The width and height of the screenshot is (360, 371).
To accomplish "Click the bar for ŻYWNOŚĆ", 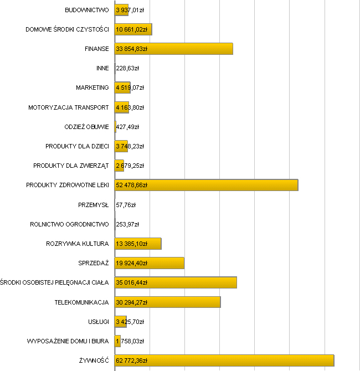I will [224, 360].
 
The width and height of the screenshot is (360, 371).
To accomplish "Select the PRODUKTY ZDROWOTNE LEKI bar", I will [206, 185].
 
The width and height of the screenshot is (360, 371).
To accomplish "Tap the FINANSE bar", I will [173, 49].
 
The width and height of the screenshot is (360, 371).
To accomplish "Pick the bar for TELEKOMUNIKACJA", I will [167, 302].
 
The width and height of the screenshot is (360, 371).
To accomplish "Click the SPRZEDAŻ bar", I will [150, 263].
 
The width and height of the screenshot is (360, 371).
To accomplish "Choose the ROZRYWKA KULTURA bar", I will [138, 244].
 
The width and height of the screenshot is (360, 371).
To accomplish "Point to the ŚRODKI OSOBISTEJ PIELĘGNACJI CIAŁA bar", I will [176, 282].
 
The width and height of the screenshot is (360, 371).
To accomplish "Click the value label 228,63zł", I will [127, 69].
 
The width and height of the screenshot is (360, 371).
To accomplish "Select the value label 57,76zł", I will [126, 205].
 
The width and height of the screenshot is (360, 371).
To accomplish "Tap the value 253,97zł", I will [127, 224].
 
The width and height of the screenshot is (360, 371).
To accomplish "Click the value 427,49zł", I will [128, 127].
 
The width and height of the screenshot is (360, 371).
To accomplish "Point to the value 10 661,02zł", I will [132, 29].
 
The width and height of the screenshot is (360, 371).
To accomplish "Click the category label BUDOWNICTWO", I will [87, 10].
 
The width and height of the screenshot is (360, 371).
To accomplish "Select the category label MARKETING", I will [92, 88].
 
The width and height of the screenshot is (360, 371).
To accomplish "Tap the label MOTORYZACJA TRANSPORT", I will [69, 107].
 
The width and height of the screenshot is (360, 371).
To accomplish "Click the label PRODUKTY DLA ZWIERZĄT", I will [71, 166].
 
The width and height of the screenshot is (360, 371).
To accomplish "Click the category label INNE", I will [102, 69].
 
